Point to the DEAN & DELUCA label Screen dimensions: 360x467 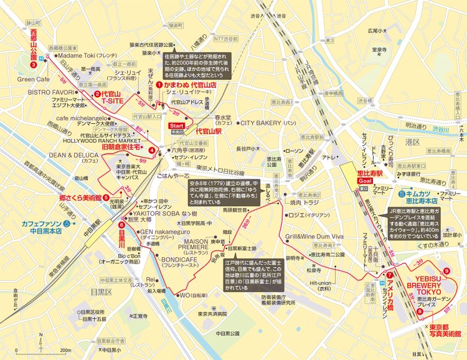[70, 155]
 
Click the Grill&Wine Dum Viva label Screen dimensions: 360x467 [314, 237]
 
